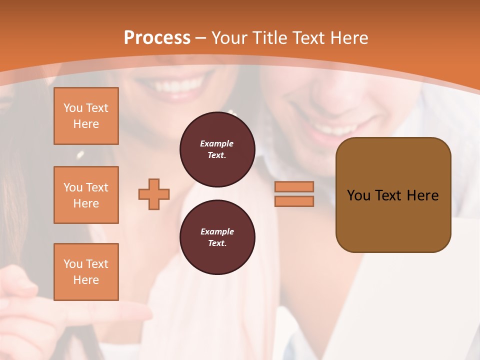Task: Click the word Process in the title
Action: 157,37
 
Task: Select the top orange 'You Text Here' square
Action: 86,116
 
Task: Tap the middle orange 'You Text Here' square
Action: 86,195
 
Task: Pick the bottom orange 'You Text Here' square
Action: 86,272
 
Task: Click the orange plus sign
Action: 154,194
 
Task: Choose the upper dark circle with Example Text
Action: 217,149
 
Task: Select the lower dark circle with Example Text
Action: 217,237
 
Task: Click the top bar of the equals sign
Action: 294,186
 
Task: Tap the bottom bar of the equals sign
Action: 294,201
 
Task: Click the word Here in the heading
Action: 349,37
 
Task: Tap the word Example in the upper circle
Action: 217,143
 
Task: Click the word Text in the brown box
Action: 388,195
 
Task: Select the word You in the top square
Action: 72,108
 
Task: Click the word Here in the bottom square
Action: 86,280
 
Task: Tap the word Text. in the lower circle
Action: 217,243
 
